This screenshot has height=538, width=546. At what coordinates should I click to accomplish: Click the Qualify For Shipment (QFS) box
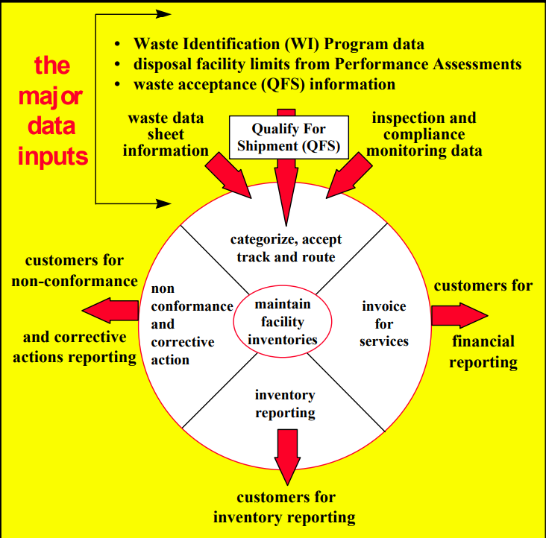pos(288,137)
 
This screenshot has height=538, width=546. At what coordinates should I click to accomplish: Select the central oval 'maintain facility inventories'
pos(282,323)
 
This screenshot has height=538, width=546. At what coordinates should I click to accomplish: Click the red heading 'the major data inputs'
pos(53,111)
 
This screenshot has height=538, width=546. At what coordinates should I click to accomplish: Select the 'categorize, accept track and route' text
pos(286,248)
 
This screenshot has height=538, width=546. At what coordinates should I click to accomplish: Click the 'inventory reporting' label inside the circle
pos(285,403)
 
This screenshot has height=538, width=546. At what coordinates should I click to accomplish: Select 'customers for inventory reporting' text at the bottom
pos(285,507)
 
